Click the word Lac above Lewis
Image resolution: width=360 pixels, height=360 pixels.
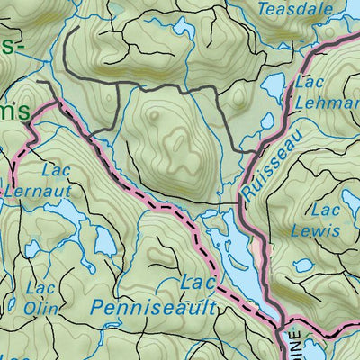coord(323,210)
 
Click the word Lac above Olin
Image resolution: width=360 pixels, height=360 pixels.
coord(40,288)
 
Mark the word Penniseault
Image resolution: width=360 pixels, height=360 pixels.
coord(154,308)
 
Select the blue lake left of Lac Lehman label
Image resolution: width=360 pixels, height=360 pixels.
coord(274,87)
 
